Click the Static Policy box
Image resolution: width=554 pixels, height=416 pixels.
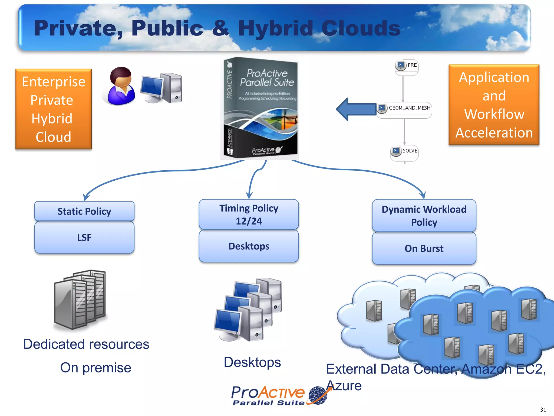(84, 211)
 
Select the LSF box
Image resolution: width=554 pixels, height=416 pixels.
(84, 238)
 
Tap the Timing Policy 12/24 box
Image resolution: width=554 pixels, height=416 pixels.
(249, 214)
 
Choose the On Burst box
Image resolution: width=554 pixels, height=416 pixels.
(424, 248)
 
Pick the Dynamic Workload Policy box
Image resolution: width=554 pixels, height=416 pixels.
(424, 216)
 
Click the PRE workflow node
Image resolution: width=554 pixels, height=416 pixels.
(407, 66)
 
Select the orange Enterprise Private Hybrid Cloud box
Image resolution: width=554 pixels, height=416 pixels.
(54, 109)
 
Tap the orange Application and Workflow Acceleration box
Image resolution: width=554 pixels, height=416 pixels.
(494, 105)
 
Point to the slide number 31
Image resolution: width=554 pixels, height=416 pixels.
(543, 409)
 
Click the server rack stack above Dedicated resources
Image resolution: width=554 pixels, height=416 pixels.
(80, 299)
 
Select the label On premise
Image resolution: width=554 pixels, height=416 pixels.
(95, 368)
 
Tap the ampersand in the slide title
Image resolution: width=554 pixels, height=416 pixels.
(220, 28)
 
